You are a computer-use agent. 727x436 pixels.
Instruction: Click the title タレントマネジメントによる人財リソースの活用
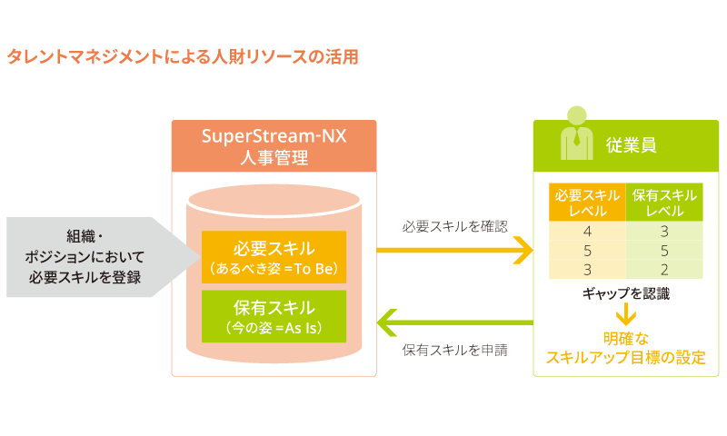click(183, 57)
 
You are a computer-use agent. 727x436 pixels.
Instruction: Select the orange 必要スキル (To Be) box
click(274, 257)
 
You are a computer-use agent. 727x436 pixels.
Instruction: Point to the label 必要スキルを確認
click(454, 225)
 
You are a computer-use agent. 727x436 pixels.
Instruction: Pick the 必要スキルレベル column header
click(587, 203)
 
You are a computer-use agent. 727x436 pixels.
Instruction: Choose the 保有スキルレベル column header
click(664, 203)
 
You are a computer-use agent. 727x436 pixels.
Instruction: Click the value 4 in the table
click(587, 231)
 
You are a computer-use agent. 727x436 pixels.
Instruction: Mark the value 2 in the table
click(664, 269)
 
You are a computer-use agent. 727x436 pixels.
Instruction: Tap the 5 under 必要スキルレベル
click(587, 250)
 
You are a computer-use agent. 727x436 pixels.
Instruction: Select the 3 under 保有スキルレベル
click(664, 231)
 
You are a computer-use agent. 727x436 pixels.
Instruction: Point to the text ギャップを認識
click(626, 294)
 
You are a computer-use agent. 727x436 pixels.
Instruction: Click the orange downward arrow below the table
click(626, 315)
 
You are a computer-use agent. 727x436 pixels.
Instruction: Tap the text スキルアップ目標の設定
click(626, 357)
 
